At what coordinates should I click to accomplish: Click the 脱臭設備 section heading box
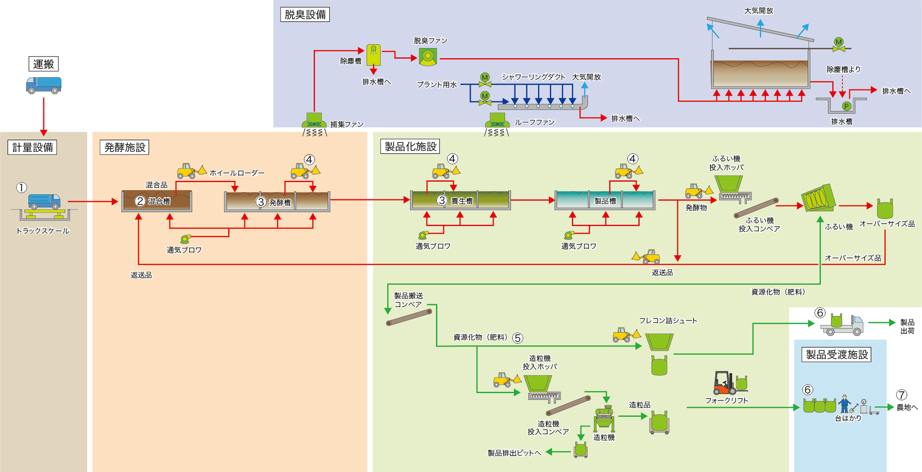click(x=305, y=15)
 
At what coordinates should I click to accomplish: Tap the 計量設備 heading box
click(x=32, y=147)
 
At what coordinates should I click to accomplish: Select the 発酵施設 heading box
click(x=124, y=147)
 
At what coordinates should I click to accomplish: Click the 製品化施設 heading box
click(x=410, y=147)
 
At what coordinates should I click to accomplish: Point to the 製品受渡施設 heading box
click(x=837, y=355)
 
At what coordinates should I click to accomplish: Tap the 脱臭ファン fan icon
click(x=428, y=57)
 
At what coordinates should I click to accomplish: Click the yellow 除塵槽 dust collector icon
click(x=373, y=55)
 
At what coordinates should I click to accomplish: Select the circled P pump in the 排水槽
click(x=846, y=106)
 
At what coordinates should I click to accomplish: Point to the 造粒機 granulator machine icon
click(x=604, y=419)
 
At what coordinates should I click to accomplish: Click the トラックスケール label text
click(x=43, y=231)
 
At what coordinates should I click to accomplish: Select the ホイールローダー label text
click(x=237, y=173)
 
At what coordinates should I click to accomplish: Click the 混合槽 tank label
click(x=159, y=201)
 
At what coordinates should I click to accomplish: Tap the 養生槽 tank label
click(x=462, y=201)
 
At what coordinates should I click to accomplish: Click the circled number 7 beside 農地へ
click(x=901, y=395)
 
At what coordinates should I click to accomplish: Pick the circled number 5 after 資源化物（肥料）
click(x=518, y=338)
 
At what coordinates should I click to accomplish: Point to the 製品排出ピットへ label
click(x=514, y=453)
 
